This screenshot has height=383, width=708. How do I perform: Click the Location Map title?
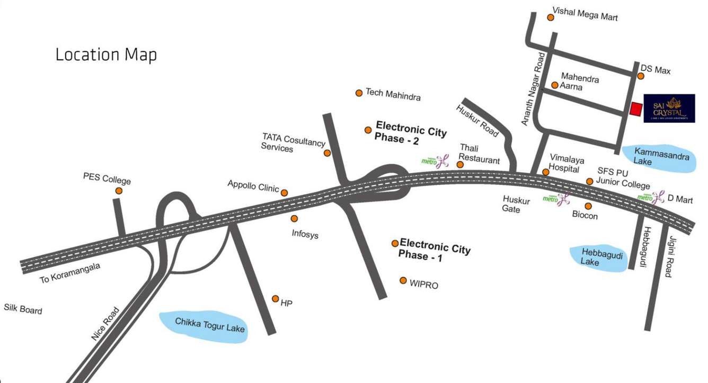[x=106, y=55]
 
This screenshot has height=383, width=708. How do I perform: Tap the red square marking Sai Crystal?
[x=635, y=109]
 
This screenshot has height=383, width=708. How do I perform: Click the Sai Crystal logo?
[x=669, y=109]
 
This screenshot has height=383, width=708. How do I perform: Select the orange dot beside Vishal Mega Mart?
[x=551, y=17]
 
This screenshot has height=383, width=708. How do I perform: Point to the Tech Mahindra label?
[x=393, y=95]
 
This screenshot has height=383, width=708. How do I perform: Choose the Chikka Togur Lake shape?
[x=205, y=325]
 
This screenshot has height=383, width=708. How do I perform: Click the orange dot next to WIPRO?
[x=403, y=280]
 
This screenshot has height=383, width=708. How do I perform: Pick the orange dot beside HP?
[x=276, y=299]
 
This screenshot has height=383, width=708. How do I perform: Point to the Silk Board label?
[x=23, y=309]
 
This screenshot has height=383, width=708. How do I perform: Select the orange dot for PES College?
[x=119, y=191]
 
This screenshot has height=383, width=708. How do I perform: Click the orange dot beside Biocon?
[x=588, y=206]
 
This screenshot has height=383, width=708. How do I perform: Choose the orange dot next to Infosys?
[x=294, y=218]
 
